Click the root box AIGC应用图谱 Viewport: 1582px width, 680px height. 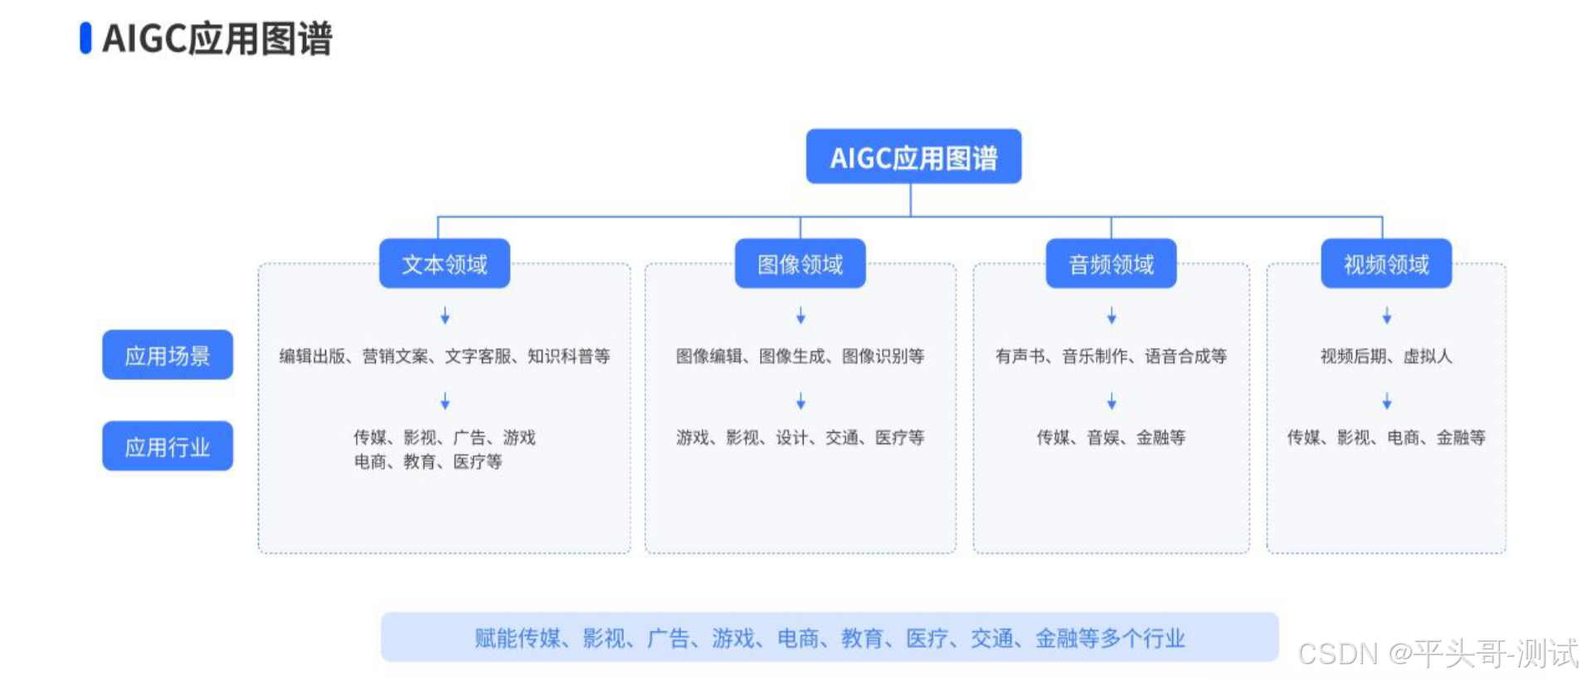[x=913, y=156]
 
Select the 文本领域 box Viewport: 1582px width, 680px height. [x=444, y=264]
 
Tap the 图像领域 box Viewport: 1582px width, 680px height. [x=800, y=264]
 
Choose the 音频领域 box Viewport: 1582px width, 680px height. [x=1111, y=264]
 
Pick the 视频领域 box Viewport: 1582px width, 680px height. [x=1385, y=264]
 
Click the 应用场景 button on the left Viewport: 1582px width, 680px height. [x=167, y=355]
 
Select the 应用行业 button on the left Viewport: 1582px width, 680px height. [x=167, y=447]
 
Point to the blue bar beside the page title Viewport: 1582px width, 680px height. [x=85, y=38]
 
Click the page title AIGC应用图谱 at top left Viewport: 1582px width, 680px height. [x=217, y=38]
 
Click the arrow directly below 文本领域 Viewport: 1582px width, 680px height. [x=445, y=316]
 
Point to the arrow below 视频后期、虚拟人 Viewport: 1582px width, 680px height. [x=1386, y=402]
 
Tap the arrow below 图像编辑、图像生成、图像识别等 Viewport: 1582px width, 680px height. [x=801, y=402]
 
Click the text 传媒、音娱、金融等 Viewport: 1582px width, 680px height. [x=1111, y=438]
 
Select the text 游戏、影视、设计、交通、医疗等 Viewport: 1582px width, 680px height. [x=800, y=438]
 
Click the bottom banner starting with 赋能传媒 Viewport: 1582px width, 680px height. [x=829, y=638]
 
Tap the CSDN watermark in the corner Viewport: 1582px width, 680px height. [x=1437, y=653]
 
